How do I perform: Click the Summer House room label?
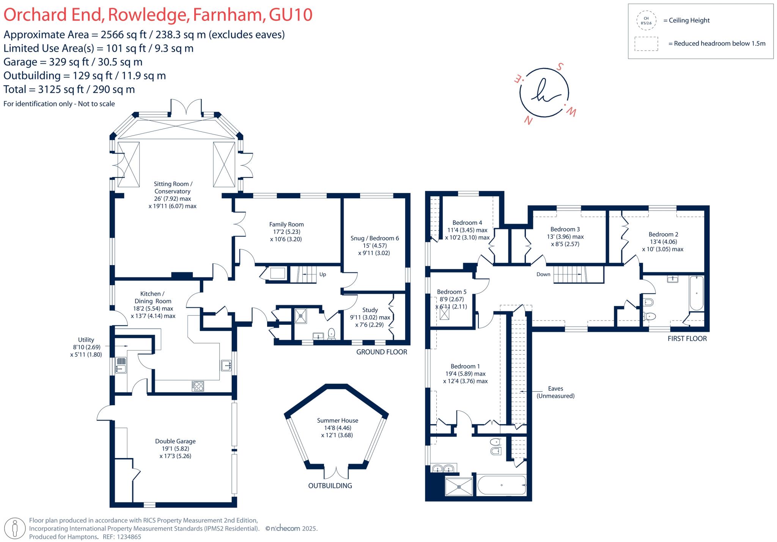tap(337, 420)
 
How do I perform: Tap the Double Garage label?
tap(175, 441)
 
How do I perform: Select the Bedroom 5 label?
tap(451, 292)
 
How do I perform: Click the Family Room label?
tap(286, 224)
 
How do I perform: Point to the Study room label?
tap(370, 310)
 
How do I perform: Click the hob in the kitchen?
tap(198, 386)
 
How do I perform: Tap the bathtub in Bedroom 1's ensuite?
tap(502, 485)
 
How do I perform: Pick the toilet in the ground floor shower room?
tap(332, 333)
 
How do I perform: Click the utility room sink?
tap(121, 365)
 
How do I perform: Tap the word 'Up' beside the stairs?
tap(322, 274)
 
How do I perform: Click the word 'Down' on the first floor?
tap(543, 274)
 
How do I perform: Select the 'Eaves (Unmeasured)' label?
tap(555, 392)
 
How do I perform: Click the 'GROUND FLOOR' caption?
tap(381, 352)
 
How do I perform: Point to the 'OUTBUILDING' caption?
tap(330, 486)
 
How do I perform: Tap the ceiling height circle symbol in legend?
tap(646, 21)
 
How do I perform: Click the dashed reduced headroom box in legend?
tap(646, 44)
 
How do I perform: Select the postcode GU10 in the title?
tap(291, 15)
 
